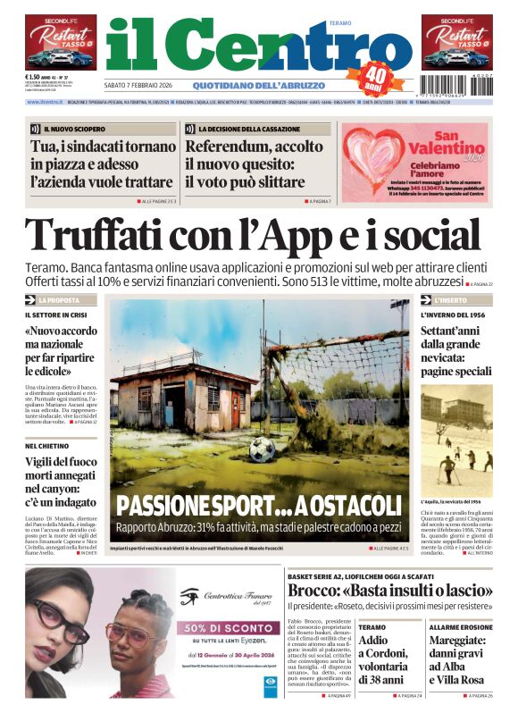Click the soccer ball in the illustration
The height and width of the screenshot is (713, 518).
pos(262,449)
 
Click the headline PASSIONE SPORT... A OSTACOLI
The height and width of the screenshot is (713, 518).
pos(260,505)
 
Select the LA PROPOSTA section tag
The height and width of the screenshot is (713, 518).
pos(60,300)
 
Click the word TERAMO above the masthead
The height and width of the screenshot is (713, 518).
pos(341,22)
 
